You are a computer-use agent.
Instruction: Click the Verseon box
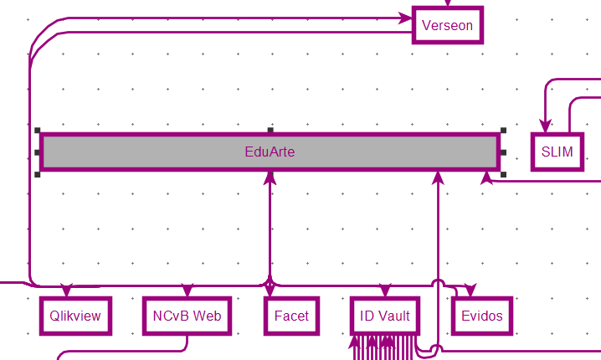[448, 25]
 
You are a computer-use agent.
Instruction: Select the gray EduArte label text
[270, 152]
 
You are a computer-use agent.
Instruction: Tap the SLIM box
[557, 152]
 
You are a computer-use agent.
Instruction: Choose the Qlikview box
[75, 316]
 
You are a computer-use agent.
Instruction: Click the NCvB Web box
[187, 316]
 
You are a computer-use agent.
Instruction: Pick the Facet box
[291, 316]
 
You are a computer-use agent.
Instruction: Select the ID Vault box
[384, 316]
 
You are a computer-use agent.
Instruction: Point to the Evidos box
[482, 316]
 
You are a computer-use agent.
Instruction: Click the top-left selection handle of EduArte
[38, 131]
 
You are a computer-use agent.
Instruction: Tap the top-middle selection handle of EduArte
[270, 131]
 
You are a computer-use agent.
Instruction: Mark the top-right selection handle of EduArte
[503, 131]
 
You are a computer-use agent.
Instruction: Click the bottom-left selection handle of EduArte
[38, 174]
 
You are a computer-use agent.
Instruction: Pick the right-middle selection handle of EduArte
[503, 152]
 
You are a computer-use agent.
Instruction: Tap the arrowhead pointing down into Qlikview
[68, 291]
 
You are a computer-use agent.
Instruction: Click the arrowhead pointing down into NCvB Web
[187, 291]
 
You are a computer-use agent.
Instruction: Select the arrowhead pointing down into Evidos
[469, 291]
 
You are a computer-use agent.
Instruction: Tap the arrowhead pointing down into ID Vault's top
[384, 291]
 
